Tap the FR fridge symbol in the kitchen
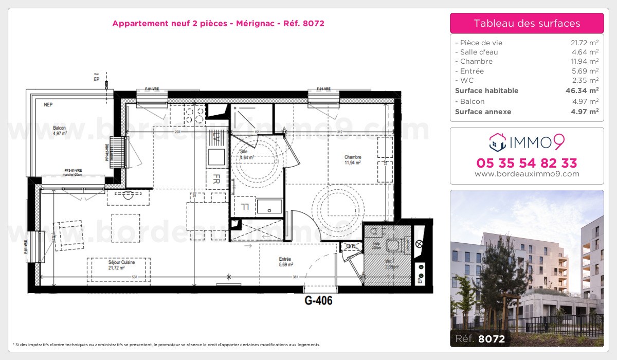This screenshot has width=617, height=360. (x=216, y=179)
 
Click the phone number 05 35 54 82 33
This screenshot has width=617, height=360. (x=527, y=164)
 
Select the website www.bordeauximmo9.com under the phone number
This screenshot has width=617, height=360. (x=527, y=174)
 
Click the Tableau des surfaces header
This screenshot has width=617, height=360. (x=527, y=23)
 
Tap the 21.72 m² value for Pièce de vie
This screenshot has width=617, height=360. (x=585, y=43)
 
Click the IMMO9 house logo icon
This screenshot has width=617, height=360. (x=497, y=142)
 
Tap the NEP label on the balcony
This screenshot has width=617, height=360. (x=48, y=105)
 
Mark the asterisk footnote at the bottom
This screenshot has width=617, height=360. (x=166, y=345)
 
